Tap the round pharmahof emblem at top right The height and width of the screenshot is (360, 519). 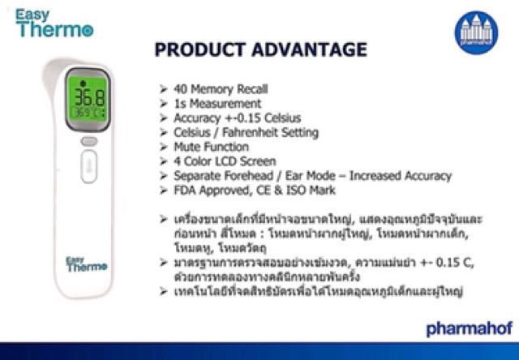(x=475, y=29)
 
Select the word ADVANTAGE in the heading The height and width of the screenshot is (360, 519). (x=313, y=51)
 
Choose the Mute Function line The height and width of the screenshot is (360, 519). (x=211, y=147)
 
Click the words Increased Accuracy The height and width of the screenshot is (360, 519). (x=402, y=176)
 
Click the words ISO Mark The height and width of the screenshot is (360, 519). (x=311, y=191)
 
